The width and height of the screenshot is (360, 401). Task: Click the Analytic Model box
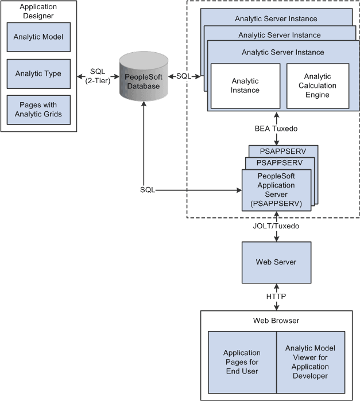(x=38, y=37)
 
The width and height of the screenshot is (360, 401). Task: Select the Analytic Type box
(x=38, y=73)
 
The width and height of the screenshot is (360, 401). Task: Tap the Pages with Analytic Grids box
(x=38, y=110)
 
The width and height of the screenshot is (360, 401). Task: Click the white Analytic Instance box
(x=245, y=85)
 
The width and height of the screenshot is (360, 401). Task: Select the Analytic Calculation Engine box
(x=318, y=85)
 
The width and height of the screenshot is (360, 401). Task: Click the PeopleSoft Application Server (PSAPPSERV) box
(x=276, y=190)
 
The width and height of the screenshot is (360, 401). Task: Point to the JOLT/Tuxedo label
(x=277, y=227)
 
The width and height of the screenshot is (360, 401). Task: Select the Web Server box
(x=276, y=262)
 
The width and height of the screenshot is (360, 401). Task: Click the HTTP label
(x=277, y=297)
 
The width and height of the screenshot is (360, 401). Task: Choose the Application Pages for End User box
(x=242, y=361)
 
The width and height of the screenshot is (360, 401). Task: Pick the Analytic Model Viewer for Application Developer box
(x=311, y=361)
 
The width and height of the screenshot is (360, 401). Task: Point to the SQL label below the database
(x=147, y=189)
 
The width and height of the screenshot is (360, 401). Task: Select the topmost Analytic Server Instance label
(x=276, y=18)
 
